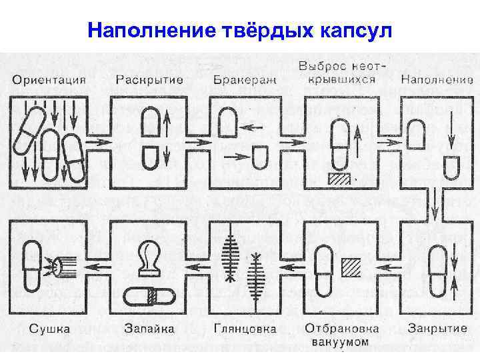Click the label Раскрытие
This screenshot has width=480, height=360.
(150, 81)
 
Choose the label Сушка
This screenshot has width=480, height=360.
(49, 328)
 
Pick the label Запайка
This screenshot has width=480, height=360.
(149, 328)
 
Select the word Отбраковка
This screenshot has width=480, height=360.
(342, 328)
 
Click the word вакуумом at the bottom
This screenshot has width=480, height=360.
(342, 341)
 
